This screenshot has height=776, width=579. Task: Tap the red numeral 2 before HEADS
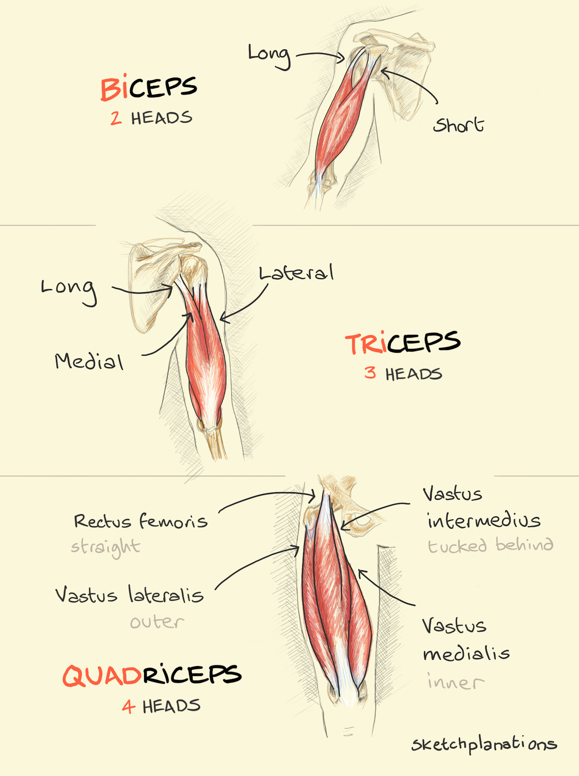116,118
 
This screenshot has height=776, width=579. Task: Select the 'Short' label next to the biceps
458,125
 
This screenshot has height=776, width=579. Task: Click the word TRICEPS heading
403,343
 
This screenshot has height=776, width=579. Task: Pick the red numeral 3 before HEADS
370,373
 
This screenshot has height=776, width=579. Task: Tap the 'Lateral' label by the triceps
296,273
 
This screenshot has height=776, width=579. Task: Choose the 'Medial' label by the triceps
89,361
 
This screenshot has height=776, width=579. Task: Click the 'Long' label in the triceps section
69,291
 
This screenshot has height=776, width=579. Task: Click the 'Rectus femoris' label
141,521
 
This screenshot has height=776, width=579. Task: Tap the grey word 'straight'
106,548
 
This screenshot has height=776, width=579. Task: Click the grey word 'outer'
157,622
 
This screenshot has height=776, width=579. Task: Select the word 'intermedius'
484,520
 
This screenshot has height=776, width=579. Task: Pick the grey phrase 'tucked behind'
491,546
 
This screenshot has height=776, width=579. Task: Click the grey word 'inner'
456,681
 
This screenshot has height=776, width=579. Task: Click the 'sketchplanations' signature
484,745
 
